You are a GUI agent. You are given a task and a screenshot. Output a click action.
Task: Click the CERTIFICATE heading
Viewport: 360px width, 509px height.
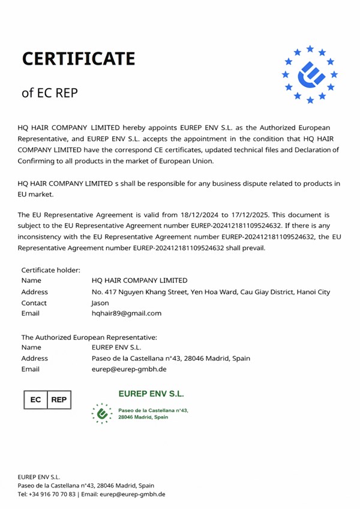[78, 59]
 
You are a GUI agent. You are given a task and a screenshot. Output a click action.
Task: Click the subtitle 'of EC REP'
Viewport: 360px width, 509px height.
[49, 93]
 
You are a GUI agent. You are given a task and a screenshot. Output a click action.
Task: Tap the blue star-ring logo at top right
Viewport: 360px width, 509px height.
[310, 74]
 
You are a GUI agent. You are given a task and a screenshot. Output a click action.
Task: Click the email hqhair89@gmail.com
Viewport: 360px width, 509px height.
[127, 313]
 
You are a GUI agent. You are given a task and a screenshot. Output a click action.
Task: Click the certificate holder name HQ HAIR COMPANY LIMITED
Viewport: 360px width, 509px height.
[139, 280]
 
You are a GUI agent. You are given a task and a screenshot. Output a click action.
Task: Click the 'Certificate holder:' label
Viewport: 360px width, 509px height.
[50, 270]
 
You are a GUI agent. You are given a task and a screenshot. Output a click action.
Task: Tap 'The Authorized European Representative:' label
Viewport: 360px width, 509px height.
[89, 337]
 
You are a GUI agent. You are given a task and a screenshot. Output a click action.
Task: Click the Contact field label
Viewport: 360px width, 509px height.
[34, 303]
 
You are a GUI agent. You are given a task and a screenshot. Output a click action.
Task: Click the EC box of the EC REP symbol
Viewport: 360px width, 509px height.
[35, 399]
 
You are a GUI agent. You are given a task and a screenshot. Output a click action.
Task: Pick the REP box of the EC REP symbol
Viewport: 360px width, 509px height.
[59, 399]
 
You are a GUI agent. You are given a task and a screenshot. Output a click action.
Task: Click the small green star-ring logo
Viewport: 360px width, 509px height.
[102, 413]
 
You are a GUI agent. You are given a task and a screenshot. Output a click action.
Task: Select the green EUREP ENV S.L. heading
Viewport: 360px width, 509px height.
[151, 394]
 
